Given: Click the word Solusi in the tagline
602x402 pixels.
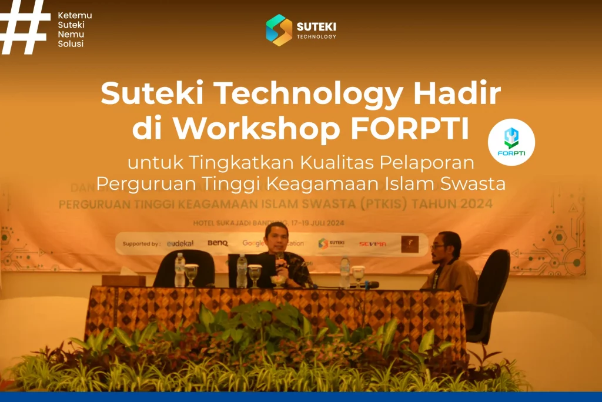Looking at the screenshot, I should coord(71,44).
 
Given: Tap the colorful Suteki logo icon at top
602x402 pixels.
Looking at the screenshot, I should coord(279,30).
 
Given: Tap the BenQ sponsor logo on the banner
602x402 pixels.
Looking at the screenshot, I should coord(218,243).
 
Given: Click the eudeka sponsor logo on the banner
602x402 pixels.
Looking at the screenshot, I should coord(180,243).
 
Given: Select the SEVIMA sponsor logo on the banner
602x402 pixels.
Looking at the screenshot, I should coord(373,243).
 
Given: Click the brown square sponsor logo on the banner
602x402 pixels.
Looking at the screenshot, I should coord(410,243).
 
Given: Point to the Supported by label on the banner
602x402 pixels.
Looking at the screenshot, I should coord(141,243).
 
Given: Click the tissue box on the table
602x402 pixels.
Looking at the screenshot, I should coord(123,280).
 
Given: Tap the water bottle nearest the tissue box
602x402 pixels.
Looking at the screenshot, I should coord(180,270).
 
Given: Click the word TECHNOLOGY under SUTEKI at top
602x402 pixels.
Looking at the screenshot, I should coord(316,36).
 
